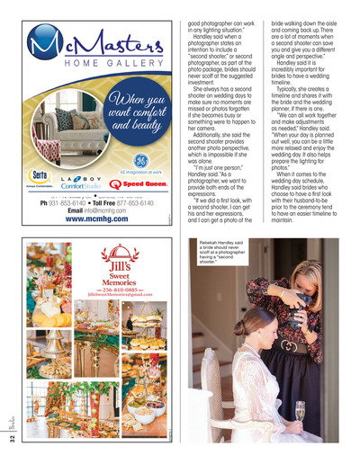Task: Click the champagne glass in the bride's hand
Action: tap(300, 410)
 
